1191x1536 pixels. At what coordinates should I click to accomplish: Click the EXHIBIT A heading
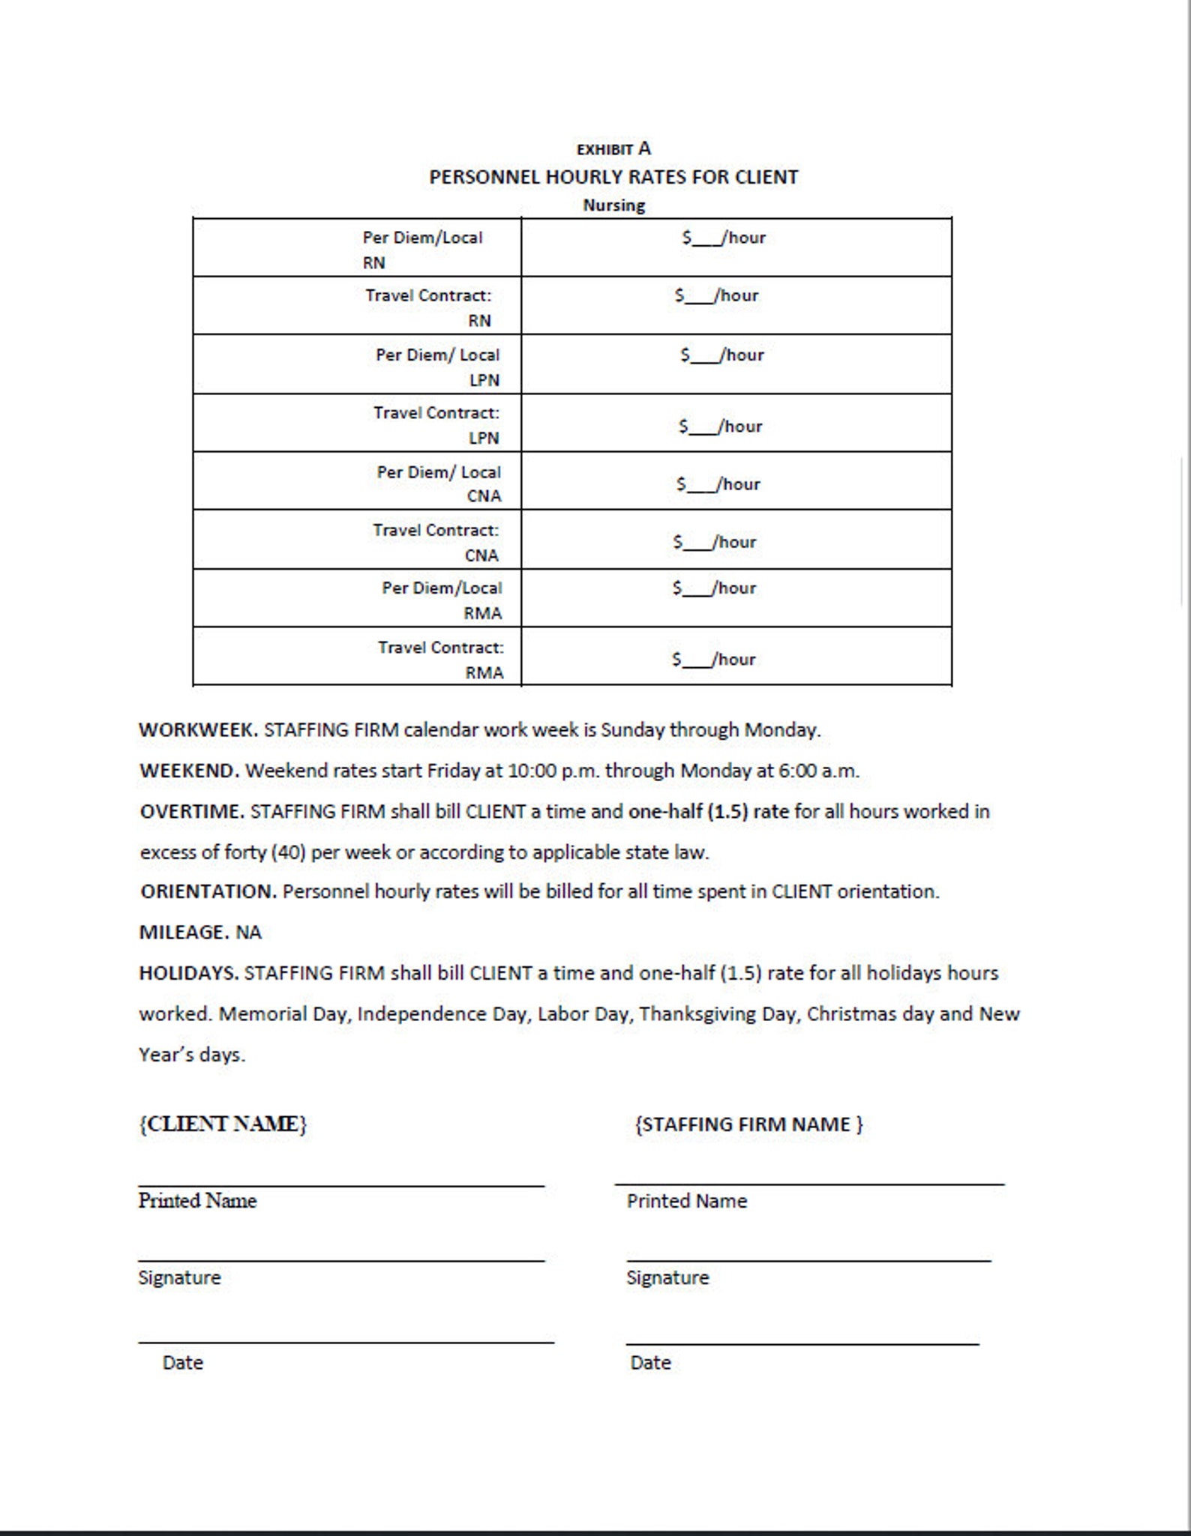click(x=613, y=148)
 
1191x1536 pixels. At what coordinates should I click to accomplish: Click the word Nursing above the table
click(x=613, y=205)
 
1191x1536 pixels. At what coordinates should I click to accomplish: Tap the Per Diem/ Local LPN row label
click(x=437, y=367)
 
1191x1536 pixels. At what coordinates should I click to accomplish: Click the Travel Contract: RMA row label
click(x=440, y=660)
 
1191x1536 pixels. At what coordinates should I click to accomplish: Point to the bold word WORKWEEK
click(x=198, y=730)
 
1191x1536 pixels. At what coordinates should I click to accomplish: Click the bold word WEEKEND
click(x=189, y=771)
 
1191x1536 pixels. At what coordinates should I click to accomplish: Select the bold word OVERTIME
click(x=192, y=812)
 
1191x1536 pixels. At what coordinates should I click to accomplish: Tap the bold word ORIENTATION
click(x=208, y=892)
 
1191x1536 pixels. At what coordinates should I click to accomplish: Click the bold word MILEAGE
click(x=184, y=933)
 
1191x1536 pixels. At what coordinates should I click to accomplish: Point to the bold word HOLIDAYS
click(x=188, y=973)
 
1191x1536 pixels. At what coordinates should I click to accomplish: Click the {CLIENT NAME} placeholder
click(x=223, y=1124)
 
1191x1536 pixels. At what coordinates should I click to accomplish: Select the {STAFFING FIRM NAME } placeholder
click(x=748, y=1124)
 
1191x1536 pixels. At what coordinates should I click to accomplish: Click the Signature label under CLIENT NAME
click(x=179, y=1277)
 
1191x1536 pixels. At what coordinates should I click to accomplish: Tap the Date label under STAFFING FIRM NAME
click(x=650, y=1363)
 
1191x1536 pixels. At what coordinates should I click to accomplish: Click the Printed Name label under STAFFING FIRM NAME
click(x=686, y=1201)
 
